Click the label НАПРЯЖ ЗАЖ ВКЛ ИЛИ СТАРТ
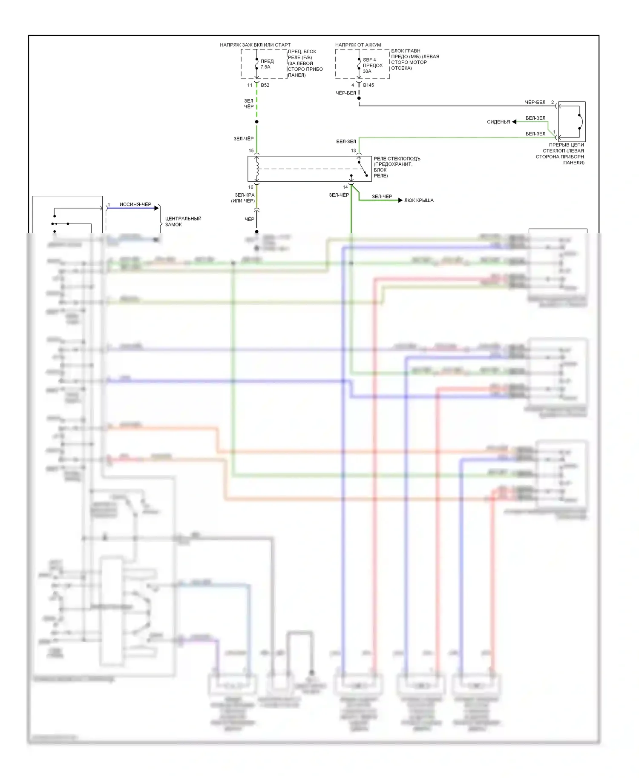pos(255,45)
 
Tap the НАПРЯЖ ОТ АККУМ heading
pos(358,45)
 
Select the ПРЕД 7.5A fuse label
pos(267,64)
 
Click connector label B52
pos(265,85)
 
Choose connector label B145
pos(368,85)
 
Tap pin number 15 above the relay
pos(251,151)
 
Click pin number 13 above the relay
pos(353,151)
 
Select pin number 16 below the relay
pos(250,187)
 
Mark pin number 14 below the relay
pos(345,187)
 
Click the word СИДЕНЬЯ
pos(498,122)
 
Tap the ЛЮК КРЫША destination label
pos(419,200)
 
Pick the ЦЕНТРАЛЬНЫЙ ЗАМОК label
pos(183,221)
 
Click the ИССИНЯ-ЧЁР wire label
pos(135,204)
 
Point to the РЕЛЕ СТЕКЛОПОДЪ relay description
pos(396,167)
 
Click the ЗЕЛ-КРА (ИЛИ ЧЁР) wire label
pos(243,198)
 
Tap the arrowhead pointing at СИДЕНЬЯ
pos(514,122)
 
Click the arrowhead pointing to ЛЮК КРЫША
pos(400,200)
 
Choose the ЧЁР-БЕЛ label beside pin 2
pos(535,102)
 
